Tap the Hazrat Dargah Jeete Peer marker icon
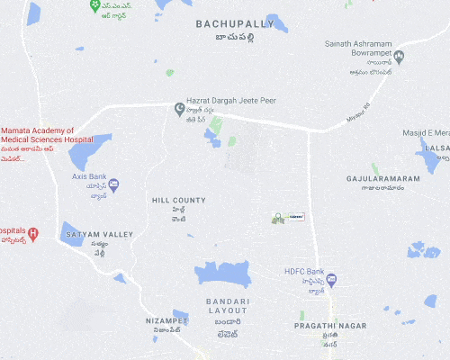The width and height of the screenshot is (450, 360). pyautogui.click(x=179, y=109)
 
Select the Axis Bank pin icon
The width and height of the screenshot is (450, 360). pyautogui.click(x=113, y=184)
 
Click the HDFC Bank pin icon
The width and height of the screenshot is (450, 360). pyautogui.click(x=331, y=281)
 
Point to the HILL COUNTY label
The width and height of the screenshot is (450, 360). pyautogui.click(x=178, y=200)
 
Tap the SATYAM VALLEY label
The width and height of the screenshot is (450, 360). pyautogui.click(x=100, y=234)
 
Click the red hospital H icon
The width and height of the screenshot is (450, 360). pyautogui.click(x=33, y=235)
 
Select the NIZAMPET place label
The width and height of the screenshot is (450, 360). pyautogui.click(x=167, y=319)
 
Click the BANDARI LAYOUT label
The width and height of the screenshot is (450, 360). pyautogui.click(x=226, y=305)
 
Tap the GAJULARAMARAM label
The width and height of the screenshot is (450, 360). pyautogui.click(x=382, y=178)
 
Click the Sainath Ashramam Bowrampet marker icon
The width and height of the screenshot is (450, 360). pyautogui.click(x=400, y=57)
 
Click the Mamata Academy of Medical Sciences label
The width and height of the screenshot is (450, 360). pyautogui.click(x=49, y=136)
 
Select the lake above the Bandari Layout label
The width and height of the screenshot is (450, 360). pyautogui.click(x=222, y=274)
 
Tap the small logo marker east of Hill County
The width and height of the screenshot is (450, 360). pyautogui.click(x=279, y=217)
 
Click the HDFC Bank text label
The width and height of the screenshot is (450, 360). pyautogui.click(x=304, y=272)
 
